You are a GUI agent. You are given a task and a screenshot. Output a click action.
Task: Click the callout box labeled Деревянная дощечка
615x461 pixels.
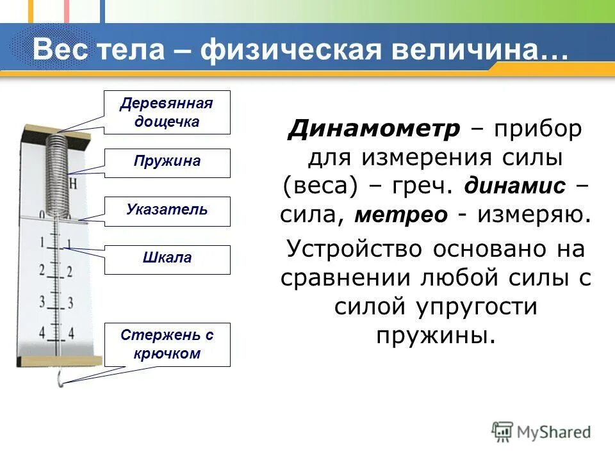click(x=167, y=112)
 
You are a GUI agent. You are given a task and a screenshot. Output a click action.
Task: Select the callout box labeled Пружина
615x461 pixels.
click(x=167, y=163)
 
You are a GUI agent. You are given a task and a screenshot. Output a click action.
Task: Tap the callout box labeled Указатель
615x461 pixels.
click(x=167, y=211)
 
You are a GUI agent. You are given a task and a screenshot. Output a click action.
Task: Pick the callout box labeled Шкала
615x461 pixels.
click(x=167, y=259)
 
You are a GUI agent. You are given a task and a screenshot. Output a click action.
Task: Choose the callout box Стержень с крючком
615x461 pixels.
click(x=167, y=344)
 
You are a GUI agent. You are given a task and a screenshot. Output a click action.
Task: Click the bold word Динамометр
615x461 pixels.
click(x=374, y=129)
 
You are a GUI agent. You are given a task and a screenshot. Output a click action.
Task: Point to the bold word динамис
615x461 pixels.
click(x=515, y=186)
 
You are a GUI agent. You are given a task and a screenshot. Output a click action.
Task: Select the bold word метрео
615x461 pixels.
click(x=401, y=214)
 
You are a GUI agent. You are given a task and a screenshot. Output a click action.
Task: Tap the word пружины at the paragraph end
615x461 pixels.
click(x=436, y=334)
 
